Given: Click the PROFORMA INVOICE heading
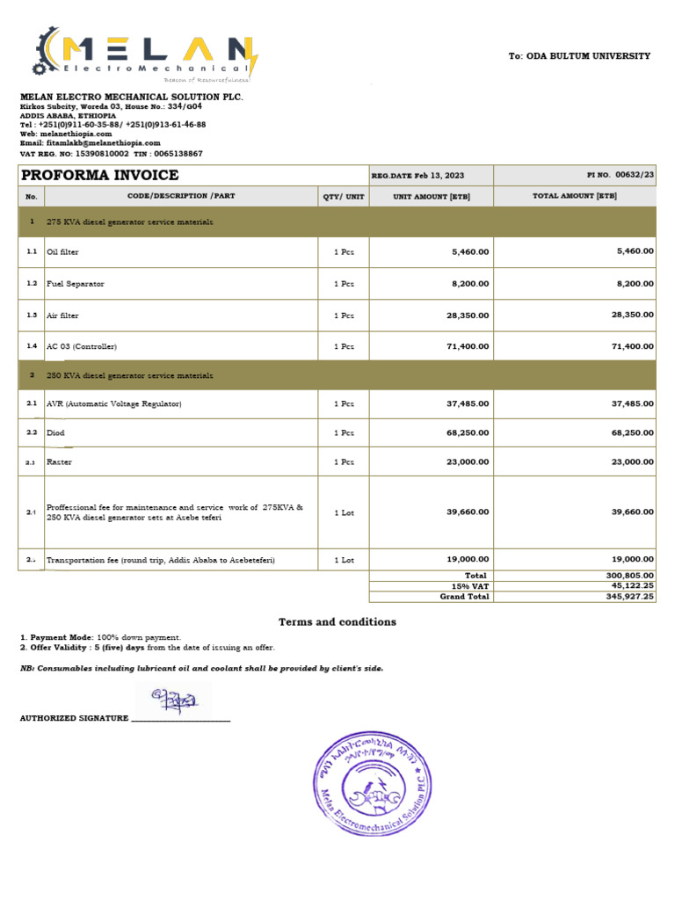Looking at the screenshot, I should (x=99, y=176).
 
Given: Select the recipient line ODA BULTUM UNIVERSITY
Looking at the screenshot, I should (x=580, y=56).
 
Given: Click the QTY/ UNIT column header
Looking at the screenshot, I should (x=343, y=197).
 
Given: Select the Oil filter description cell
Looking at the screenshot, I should (x=62, y=252).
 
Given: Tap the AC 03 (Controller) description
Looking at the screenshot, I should (x=82, y=346).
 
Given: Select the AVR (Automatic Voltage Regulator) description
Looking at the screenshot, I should (x=113, y=403).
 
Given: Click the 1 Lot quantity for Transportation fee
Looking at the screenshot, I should (x=344, y=559).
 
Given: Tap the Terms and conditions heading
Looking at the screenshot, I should (x=337, y=622).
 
